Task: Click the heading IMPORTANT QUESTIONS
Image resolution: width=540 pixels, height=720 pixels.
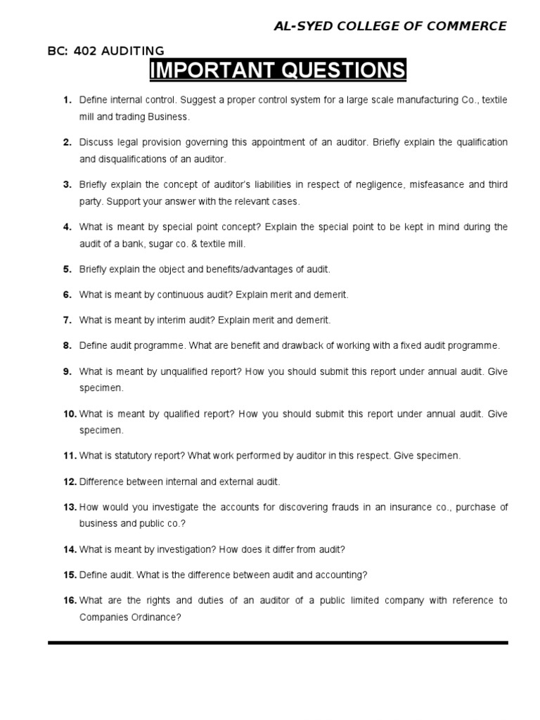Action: tap(277, 71)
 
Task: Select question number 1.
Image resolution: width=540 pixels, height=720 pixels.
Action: tap(67, 101)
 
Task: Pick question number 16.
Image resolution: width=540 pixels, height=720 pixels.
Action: tap(70, 600)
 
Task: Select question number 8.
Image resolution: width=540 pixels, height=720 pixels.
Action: tap(67, 346)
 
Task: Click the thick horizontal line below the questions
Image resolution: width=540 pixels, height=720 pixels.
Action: tap(277, 643)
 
